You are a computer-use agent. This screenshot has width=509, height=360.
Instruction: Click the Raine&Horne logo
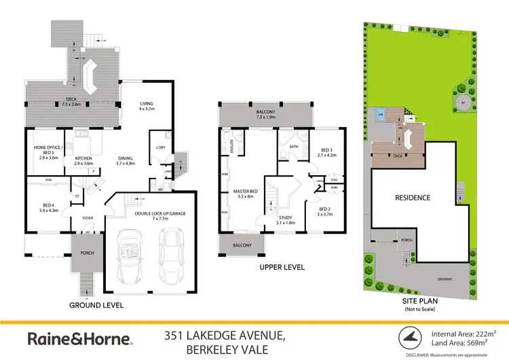[x=80, y=338]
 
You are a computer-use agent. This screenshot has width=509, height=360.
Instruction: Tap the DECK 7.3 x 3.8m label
[x=71, y=103]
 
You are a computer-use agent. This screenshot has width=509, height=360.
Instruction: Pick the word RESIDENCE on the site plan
[x=413, y=198]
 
